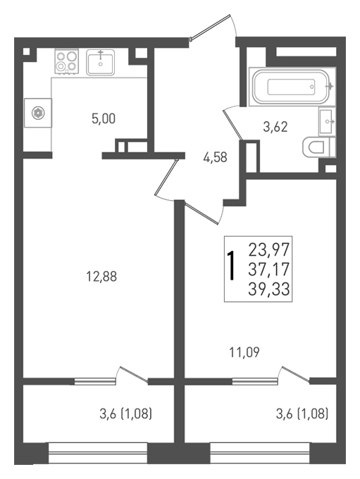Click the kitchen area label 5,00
104,118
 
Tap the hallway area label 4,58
215,157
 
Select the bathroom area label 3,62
275,127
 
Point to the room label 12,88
101,276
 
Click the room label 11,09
244,352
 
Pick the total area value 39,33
269,289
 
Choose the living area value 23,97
269,249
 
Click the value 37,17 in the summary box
269,269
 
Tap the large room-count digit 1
232,266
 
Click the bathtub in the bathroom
292,87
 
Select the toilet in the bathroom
318,147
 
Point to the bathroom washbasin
327,122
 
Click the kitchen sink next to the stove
100,62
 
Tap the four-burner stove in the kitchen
67,62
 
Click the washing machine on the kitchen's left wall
38,113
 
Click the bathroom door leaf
233,125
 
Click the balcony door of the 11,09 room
295,374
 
